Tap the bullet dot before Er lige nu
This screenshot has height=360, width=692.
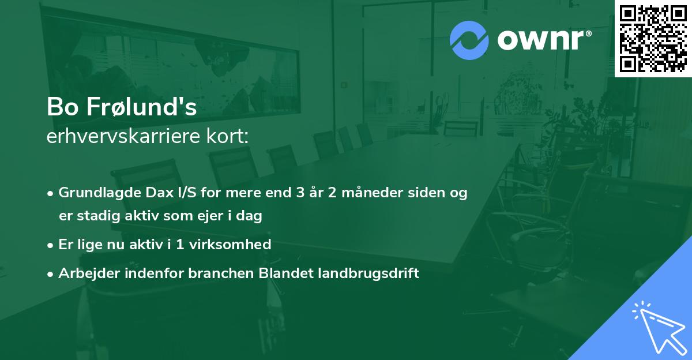(x=51, y=245)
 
